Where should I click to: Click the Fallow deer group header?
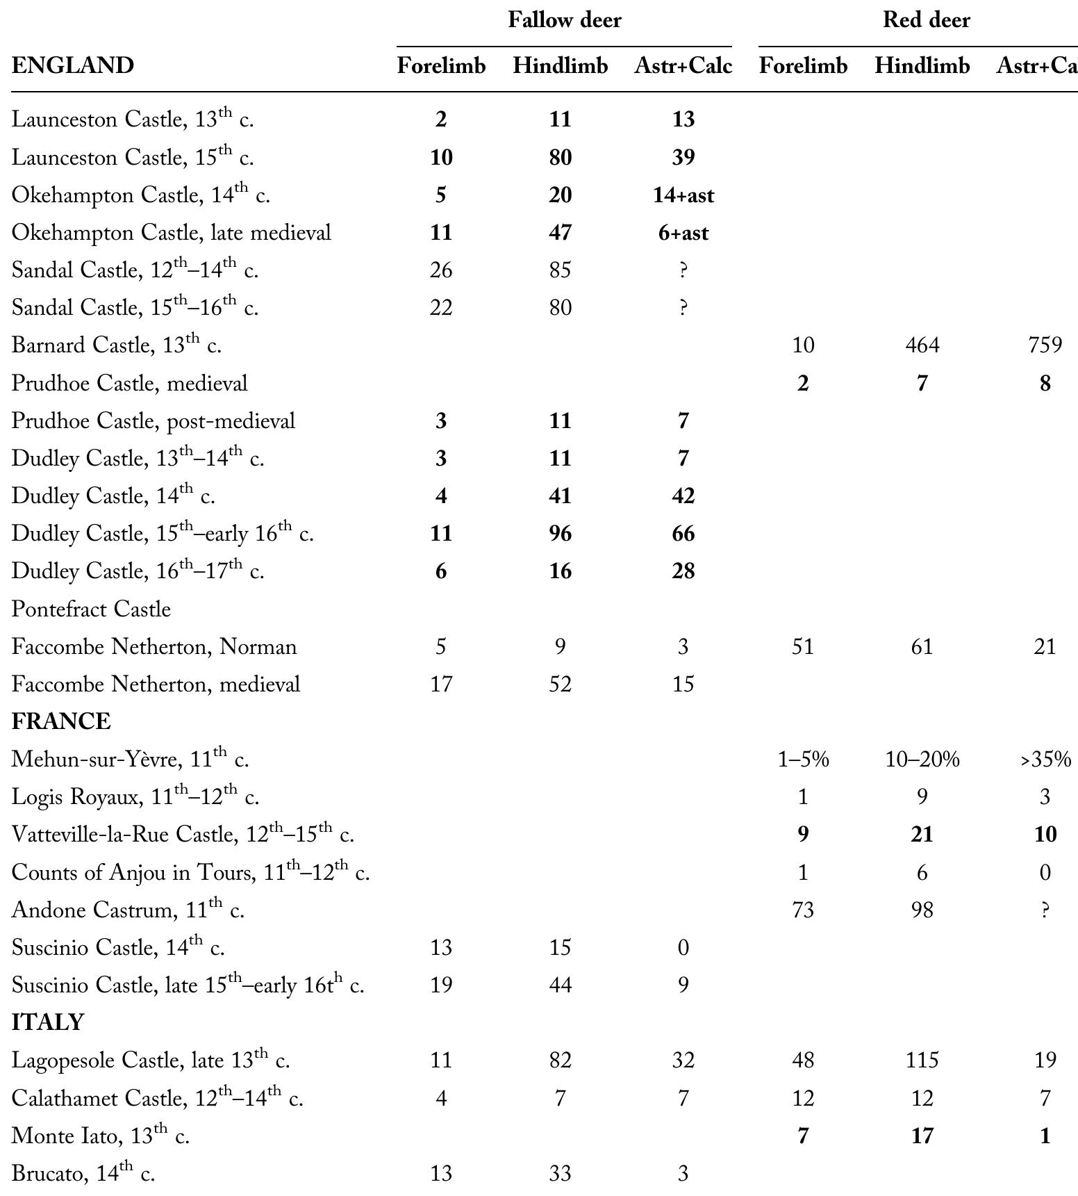564,20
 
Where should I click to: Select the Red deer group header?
926,20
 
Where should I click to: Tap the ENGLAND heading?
73,66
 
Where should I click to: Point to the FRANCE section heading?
61,721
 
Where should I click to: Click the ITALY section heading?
48,1022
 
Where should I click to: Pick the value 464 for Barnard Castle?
922,345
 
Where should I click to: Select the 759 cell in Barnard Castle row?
1045,345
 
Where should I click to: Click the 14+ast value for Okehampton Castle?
683,195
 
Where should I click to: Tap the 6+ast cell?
683,233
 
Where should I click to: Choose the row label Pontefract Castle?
91,609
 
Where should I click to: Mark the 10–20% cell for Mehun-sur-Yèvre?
922,760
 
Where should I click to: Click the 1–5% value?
803,760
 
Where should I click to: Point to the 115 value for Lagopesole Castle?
922,1060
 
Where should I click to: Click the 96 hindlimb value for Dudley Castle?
560,534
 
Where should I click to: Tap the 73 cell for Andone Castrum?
803,910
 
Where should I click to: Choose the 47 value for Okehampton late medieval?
560,233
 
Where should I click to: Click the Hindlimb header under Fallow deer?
560,66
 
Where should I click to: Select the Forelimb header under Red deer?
803,66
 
